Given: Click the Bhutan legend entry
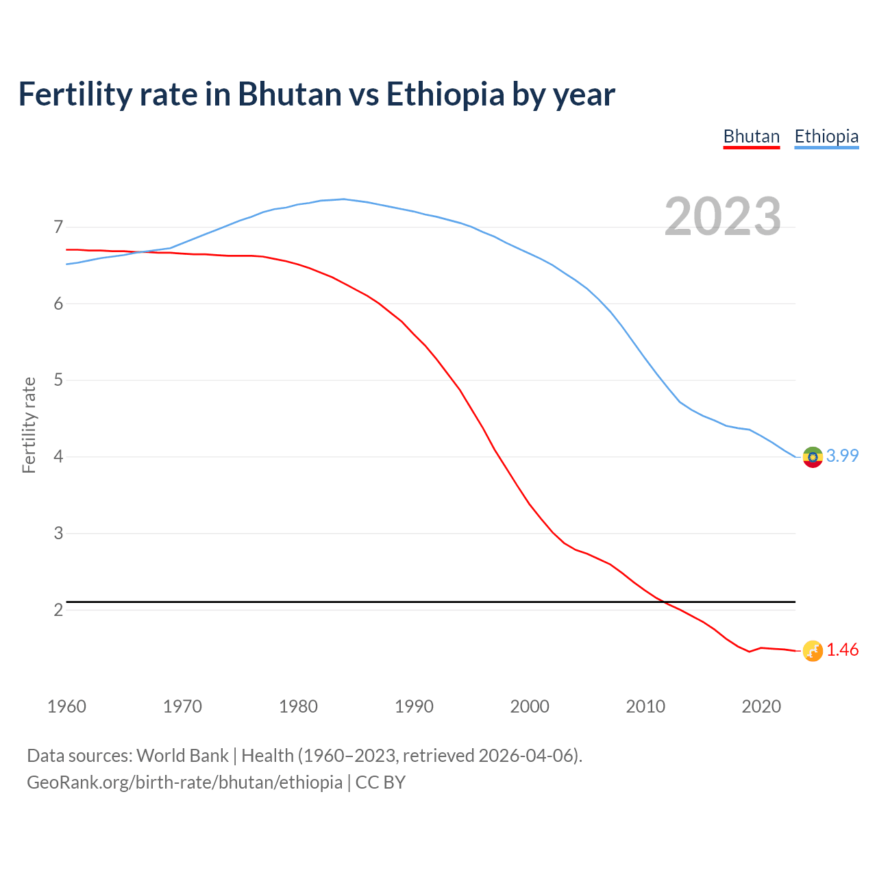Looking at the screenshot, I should click(752, 136).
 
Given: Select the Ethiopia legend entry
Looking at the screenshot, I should click(826, 136).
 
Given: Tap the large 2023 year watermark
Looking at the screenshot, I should click(723, 217).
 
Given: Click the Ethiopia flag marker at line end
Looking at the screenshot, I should click(813, 456).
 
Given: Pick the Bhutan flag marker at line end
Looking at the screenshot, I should click(813, 651).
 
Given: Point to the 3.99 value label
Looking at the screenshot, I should click(842, 456).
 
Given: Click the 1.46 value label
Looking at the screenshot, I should click(842, 650).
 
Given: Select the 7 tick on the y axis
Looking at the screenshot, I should click(58, 227).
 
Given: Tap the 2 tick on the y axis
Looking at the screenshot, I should click(58, 610).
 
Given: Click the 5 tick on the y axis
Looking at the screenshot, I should click(58, 380).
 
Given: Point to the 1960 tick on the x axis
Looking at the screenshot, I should click(66, 706).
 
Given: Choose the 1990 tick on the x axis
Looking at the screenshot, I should click(414, 706).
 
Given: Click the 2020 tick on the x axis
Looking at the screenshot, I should click(761, 706).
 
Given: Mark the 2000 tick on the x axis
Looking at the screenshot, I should click(530, 706).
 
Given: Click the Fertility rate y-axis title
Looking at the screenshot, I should click(29, 425).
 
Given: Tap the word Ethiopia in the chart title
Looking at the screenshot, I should click(445, 95).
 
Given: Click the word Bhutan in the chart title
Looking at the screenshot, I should click(289, 95).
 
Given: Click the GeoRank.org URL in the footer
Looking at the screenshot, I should click(184, 782).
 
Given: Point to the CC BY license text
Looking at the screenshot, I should click(380, 782).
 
